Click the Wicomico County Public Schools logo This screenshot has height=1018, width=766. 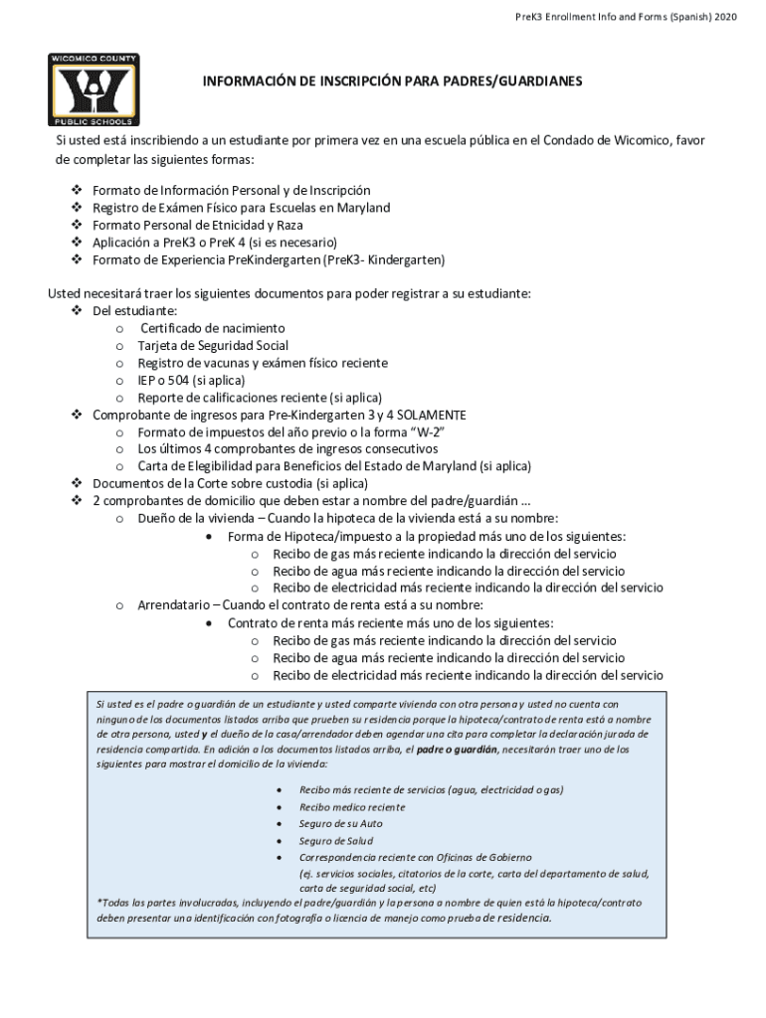[x=94, y=89]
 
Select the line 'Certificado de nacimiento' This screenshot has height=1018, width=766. [x=213, y=328]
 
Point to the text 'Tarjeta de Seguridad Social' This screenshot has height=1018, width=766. [x=213, y=346]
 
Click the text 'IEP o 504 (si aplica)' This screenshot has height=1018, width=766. [x=191, y=380]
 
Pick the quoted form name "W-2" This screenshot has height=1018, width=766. [x=423, y=431]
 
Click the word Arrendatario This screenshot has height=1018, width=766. [x=177, y=604]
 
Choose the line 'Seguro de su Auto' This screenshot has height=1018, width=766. [x=340, y=823]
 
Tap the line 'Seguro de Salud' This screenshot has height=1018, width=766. [x=335, y=840]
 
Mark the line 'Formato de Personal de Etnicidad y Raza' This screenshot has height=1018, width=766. [x=198, y=225]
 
